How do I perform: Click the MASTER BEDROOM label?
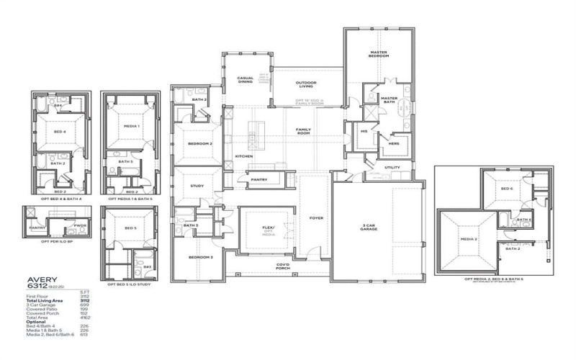(379, 55)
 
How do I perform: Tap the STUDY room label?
(197, 185)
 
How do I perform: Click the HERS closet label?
(393, 143)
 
